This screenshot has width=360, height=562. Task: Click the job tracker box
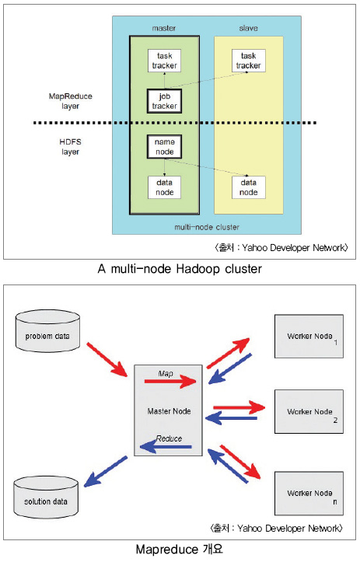pyautogui.click(x=164, y=101)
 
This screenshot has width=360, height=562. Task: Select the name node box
pyautogui.click(x=164, y=147)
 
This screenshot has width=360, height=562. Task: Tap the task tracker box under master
pyautogui.click(x=164, y=61)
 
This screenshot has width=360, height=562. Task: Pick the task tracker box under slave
pyautogui.click(x=249, y=61)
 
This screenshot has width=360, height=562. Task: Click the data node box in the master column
pyautogui.click(x=164, y=187)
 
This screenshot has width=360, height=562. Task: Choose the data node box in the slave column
pyautogui.click(x=249, y=187)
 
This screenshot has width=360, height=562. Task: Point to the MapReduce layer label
pyautogui.click(x=70, y=101)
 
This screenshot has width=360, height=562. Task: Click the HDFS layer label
pyautogui.click(x=70, y=147)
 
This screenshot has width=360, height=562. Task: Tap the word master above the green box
pyautogui.click(x=164, y=28)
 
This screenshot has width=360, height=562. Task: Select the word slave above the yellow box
pyautogui.click(x=249, y=28)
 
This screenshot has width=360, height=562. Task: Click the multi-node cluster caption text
pyautogui.click(x=207, y=227)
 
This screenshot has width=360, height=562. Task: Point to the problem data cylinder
pyautogui.click(x=47, y=331)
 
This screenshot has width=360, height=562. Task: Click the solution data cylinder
pyautogui.click(x=46, y=497)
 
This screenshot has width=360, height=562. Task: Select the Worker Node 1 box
pyautogui.click(x=309, y=337)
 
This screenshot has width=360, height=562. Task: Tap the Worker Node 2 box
pyautogui.click(x=309, y=411)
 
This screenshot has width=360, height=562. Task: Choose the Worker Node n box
pyautogui.click(x=309, y=493)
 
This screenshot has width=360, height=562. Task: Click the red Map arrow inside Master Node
pyautogui.click(x=170, y=382)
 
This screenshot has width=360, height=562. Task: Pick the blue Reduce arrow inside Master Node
pyautogui.click(x=166, y=447)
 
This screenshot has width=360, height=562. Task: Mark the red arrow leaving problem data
pyautogui.click(x=107, y=359)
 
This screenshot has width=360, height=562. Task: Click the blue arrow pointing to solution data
pyautogui.click(x=106, y=471)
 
